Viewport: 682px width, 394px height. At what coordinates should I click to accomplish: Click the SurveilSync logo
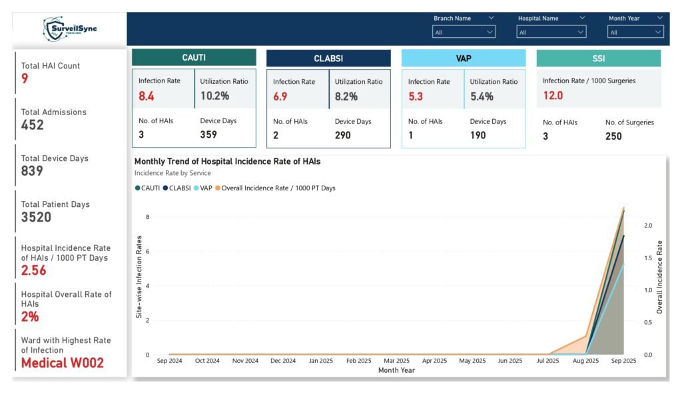coord(69,29)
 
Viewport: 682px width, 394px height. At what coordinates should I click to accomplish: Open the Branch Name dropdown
coord(464,32)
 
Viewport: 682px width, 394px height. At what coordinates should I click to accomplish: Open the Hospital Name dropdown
coord(551,32)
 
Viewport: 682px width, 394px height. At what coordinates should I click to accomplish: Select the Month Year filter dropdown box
coord(635,32)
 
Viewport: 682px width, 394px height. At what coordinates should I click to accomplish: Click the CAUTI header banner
coord(194,58)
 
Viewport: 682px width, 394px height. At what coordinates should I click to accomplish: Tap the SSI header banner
coord(598,59)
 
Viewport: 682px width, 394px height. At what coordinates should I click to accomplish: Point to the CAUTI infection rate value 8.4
coord(147,97)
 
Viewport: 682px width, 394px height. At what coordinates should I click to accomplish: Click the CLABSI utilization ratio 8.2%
coord(346,97)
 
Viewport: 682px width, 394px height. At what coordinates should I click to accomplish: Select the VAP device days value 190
coord(478,135)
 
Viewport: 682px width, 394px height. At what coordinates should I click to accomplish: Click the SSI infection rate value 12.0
coord(553,96)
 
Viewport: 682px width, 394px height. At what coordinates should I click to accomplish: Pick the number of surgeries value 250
coord(613,136)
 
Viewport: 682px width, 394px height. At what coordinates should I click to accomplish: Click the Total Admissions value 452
coord(33,125)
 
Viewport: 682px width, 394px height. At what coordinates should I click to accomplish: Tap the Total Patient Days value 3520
coord(36,217)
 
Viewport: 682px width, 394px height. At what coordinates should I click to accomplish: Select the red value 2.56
coord(33,270)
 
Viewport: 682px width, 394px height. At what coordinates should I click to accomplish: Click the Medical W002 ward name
coord(62,363)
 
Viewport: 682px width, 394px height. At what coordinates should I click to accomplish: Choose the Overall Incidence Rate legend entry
coord(278,188)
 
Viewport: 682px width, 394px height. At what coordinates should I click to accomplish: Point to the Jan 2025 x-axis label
coord(321,361)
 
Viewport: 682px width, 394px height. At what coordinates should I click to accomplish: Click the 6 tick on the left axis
coord(148,252)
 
